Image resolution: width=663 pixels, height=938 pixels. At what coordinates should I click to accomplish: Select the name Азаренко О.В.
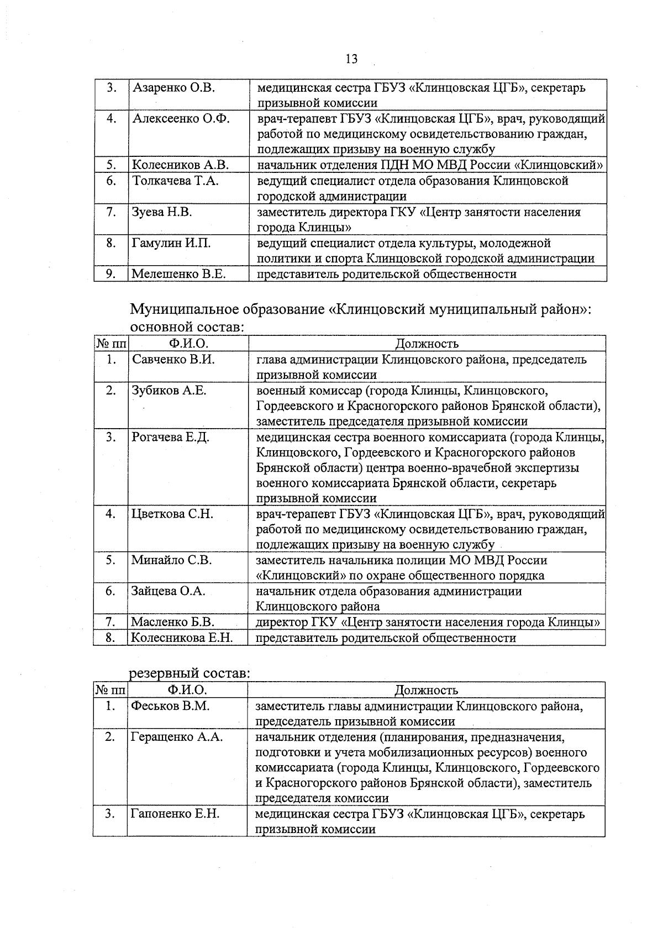pos(173,87)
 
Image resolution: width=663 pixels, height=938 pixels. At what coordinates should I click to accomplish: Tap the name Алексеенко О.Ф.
pos(181,118)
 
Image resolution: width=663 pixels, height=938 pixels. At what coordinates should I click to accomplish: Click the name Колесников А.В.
pos(180,165)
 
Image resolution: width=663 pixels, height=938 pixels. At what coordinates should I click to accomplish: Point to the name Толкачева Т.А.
pos(175,181)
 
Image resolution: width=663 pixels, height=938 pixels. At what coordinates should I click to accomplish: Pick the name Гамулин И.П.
pos(171,243)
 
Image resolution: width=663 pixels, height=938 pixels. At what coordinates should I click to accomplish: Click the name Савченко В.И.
pos(173,359)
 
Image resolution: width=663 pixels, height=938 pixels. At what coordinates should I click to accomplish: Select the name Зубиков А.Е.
pos(169,391)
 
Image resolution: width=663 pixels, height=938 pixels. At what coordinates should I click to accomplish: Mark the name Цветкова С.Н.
pos(172,514)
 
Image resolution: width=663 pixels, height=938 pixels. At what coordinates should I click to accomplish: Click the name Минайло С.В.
pos(171,560)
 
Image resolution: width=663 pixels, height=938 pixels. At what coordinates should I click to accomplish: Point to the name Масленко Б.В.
pos(172,622)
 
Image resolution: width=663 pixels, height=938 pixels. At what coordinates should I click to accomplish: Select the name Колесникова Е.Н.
pos(182,638)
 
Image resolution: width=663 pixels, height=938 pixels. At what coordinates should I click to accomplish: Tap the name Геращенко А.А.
pos(177,737)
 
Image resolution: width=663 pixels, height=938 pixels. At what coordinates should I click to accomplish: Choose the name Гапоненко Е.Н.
pos(175,814)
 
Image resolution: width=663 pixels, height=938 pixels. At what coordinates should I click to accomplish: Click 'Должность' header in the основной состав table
pos(427,344)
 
